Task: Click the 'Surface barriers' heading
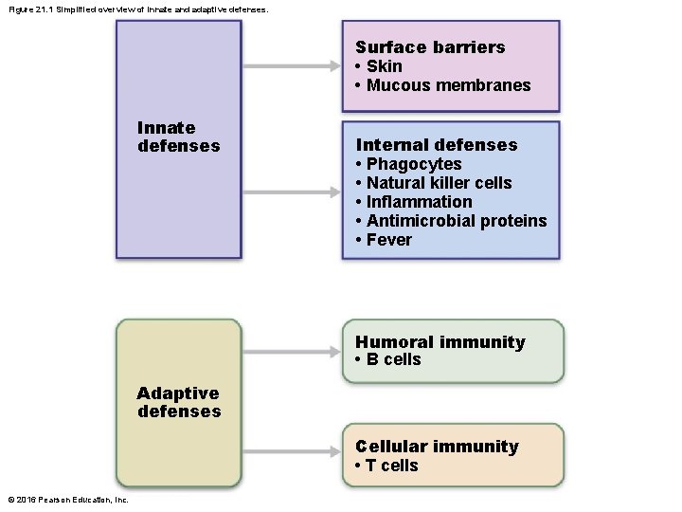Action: tap(430, 47)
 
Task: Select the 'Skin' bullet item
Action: tap(384, 66)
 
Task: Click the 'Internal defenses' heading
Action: tap(437, 145)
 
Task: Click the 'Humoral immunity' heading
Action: tap(440, 342)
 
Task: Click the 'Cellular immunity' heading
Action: tap(437, 447)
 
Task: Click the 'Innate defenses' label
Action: tap(178, 137)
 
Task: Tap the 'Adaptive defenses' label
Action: tap(178, 402)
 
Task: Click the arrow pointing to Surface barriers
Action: tap(294, 66)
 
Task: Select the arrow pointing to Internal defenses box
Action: tap(294, 191)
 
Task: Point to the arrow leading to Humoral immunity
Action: tap(294, 350)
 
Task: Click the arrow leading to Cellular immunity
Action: tap(294, 454)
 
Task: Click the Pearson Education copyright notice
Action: tap(68, 500)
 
